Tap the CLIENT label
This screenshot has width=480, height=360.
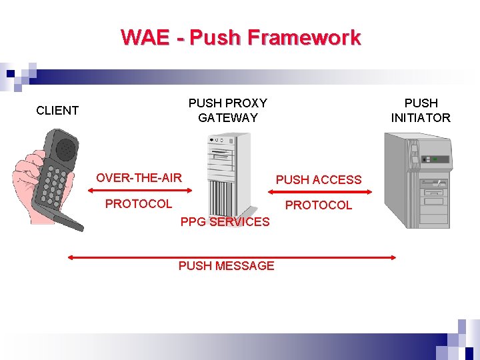click(x=57, y=111)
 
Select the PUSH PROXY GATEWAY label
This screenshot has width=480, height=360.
click(x=227, y=111)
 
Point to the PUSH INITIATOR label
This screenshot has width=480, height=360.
click(x=421, y=111)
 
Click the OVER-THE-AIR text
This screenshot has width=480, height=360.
click(x=139, y=177)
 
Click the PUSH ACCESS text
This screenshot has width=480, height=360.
click(x=319, y=179)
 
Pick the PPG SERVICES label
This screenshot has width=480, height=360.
click(x=225, y=221)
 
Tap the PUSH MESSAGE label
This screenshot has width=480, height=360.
click(x=226, y=265)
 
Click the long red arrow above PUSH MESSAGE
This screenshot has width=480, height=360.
click(x=232, y=257)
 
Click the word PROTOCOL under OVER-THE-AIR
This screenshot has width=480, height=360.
click(x=139, y=203)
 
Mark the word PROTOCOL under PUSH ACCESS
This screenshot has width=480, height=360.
click(x=319, y=205)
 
